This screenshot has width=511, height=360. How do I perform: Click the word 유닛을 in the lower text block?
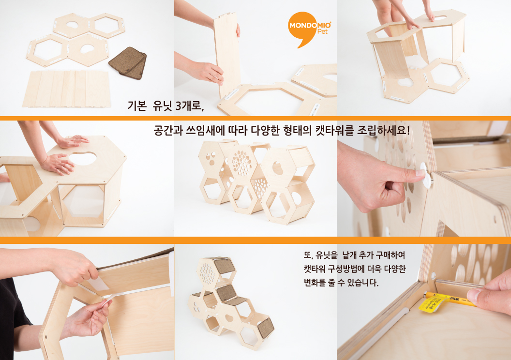[x=327, y=255]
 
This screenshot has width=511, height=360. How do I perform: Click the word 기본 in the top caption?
[x=137, y=105]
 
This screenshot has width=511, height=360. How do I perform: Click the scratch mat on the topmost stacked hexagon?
[x=223, y=266]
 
